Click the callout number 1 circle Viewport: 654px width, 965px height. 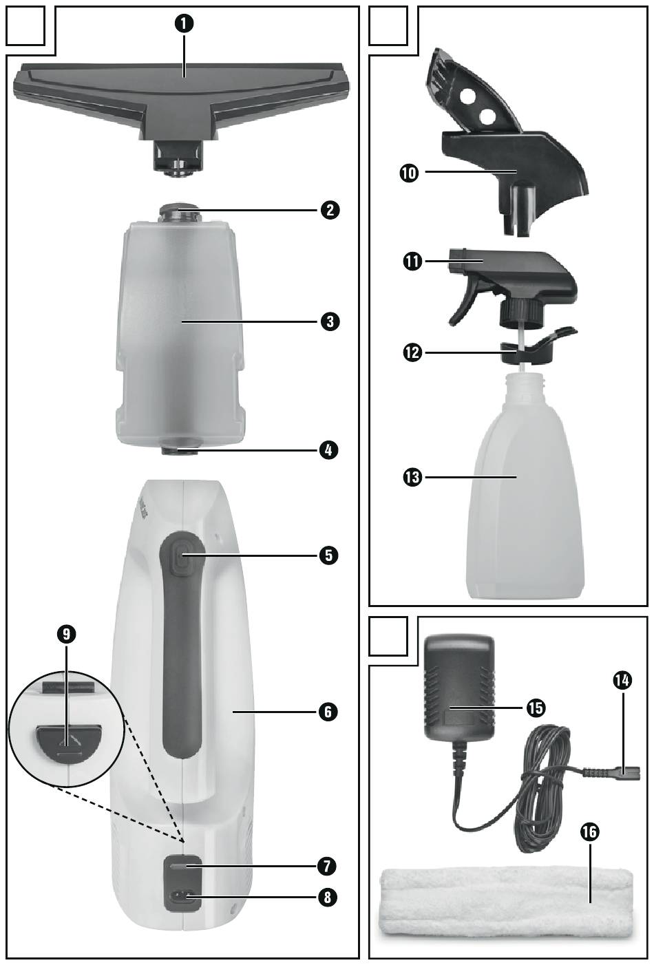tap(184, 23)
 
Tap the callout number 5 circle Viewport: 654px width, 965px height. tap(328, 555)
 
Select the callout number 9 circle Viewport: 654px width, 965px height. tap(66, 633)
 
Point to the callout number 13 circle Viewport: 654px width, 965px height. tap(412, 477)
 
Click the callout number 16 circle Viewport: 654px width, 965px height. tap(590, 831)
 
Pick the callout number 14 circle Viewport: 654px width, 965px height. tap(622, 681)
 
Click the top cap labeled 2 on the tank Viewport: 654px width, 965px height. tap(179, 212)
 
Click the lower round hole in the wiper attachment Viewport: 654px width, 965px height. tap(487, 116)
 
